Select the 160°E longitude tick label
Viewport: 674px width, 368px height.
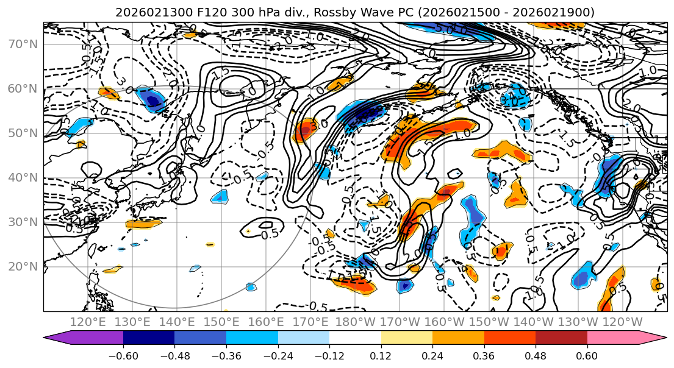point(267,322)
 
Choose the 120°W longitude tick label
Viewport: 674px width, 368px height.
point(623,322)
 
